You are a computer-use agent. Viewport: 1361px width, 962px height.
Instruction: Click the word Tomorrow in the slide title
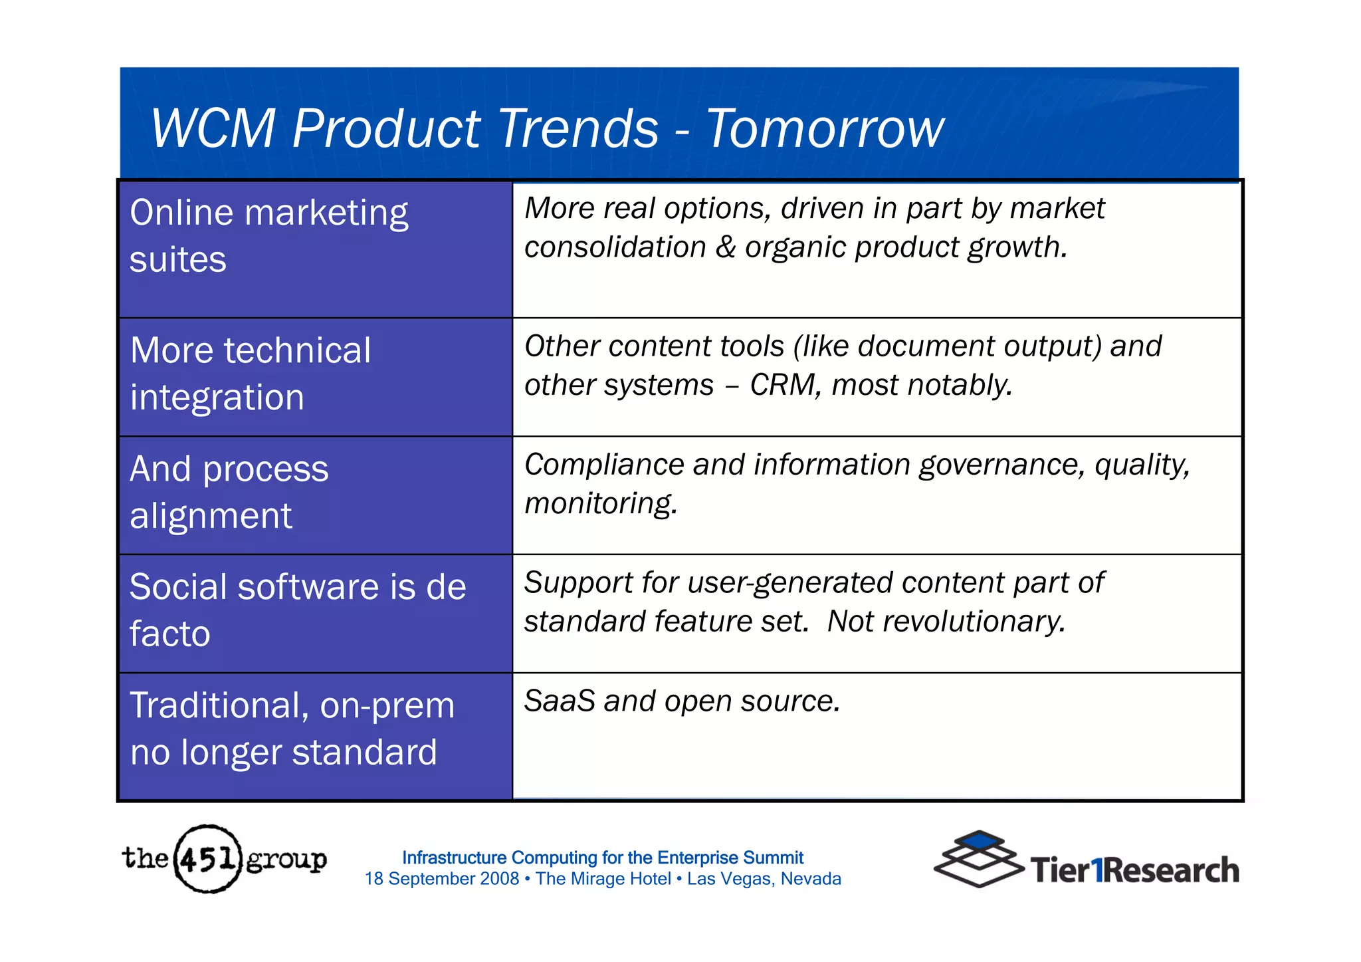click(x=824, y=128)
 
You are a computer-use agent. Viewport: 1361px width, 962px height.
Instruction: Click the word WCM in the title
click(x=213, y=128)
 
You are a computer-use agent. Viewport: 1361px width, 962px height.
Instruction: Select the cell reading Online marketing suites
click(x=315, y=249)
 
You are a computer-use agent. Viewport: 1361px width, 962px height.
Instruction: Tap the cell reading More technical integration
click(x=315, y=376)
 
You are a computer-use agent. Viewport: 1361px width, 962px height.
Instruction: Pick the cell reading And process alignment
click(x=315, y=495)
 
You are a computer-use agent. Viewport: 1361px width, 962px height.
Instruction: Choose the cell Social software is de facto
click(x=315, y=613)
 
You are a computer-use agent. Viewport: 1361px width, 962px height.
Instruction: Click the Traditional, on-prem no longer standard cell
click(x=315, y=735)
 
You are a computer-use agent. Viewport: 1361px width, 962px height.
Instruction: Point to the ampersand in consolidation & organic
click(x=725, y=247)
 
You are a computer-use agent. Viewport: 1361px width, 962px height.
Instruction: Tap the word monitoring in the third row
click(x=599, y=504)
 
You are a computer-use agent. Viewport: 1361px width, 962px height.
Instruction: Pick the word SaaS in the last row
click(x=559, y=701)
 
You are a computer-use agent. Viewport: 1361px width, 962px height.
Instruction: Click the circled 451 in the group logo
click(x=207, y=860)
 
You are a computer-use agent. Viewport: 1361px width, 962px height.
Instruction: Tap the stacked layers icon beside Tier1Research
click(x=978, y=860)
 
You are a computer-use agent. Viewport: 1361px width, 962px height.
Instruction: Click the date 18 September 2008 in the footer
click(x=441, y=879)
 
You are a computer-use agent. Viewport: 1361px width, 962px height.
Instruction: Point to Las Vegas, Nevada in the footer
click(x=764, y=879)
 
